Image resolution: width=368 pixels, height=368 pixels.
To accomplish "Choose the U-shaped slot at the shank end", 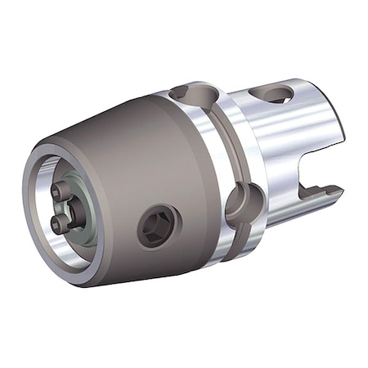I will click(x=315, y=176).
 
